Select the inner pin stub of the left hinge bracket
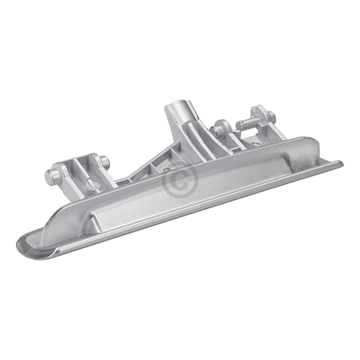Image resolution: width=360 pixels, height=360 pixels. tap(104, 161)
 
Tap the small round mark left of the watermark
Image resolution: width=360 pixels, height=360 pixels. tap(167, 171)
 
